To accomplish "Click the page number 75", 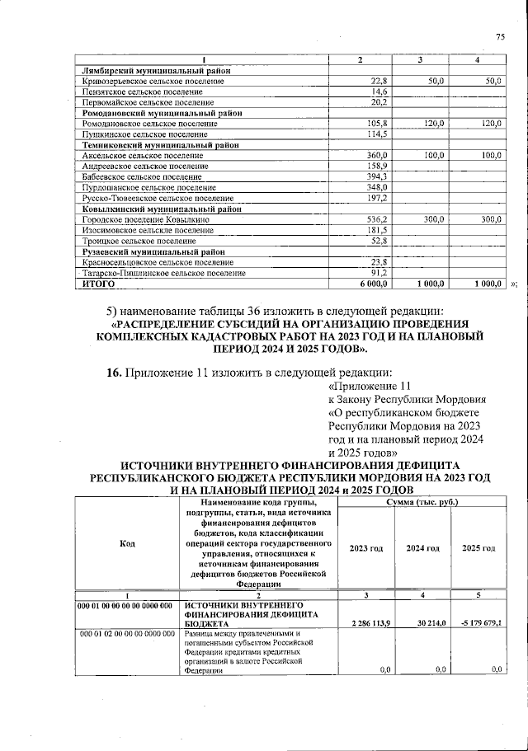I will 499,37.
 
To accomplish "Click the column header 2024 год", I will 422,548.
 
